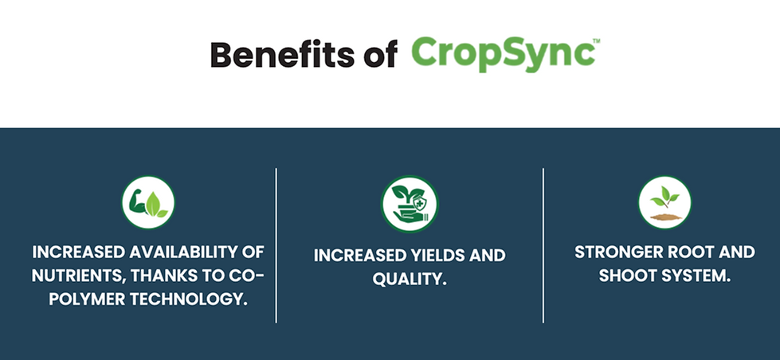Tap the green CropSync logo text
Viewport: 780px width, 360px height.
[503, 54]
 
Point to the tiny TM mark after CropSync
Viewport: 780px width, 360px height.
[597, 41]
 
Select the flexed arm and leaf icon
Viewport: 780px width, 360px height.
[148, 202]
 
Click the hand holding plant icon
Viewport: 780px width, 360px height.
[410, 204]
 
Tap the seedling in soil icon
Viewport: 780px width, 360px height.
[664, 202]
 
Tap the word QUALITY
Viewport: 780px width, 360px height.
[410, 280]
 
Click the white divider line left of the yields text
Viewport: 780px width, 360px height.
[276, 245]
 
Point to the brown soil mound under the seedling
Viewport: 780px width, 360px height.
[665, 217]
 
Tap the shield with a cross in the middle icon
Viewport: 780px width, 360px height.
[421, 203]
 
